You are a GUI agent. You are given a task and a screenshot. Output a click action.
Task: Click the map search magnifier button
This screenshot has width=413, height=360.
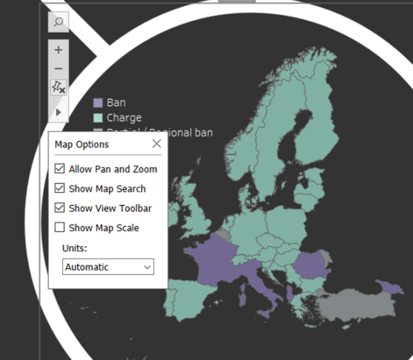pyautogui.click(x=59, y=22)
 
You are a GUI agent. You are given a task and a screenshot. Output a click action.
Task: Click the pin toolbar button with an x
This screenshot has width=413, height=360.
pyautogui.click(x=59, y=88)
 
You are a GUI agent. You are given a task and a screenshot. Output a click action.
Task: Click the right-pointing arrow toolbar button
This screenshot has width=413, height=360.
pyautogui.click(x=59, y=112)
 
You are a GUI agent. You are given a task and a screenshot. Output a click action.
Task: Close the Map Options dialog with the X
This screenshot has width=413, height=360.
pyautogui.click(x=157, y=143)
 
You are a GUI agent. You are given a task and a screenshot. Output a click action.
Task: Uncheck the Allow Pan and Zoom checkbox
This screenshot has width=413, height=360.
pyautogui.click(x=60, y=169)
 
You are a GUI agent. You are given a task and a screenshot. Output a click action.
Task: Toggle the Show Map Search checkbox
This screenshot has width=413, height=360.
pyautogui.click(x=60, y=188)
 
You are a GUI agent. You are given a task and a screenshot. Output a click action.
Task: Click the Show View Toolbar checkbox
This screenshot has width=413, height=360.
pyautogui.click(x=60, y=208)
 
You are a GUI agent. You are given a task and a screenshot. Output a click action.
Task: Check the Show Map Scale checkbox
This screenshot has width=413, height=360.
pyautogui.click(x=60, y=228)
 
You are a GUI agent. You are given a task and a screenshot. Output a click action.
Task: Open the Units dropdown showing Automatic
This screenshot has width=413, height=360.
pyautogui.click(x=108, y=267)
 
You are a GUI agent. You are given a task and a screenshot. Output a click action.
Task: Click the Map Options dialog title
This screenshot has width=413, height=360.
pyautogui.click(x=82, y=144)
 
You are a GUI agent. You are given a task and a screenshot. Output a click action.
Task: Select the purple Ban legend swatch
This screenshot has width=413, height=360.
pyautogui.click(x=98, y=103)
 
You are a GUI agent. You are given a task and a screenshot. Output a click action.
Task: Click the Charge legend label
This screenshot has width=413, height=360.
pyautogui.click(x=124, y=117)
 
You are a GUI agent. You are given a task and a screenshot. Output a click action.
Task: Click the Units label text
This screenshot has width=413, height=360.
pyautogui.click(x=75, y=248)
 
